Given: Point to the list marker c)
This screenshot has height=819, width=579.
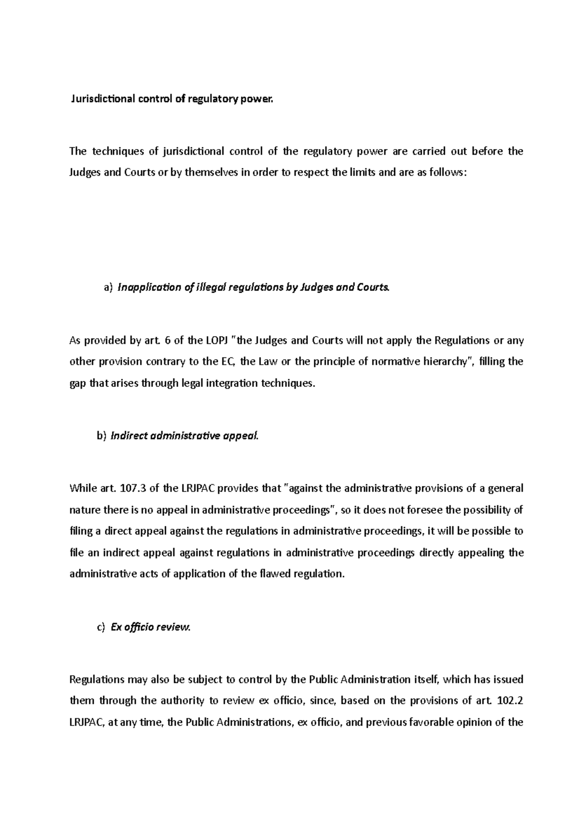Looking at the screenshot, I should [100, 628].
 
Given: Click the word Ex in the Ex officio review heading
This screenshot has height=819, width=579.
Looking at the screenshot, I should [116, 628].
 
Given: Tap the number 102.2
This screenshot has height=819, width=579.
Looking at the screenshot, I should [510, 701].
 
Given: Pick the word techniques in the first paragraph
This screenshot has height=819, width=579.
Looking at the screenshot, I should [118, 152].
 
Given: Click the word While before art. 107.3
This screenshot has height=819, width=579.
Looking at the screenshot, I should [83, 488].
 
